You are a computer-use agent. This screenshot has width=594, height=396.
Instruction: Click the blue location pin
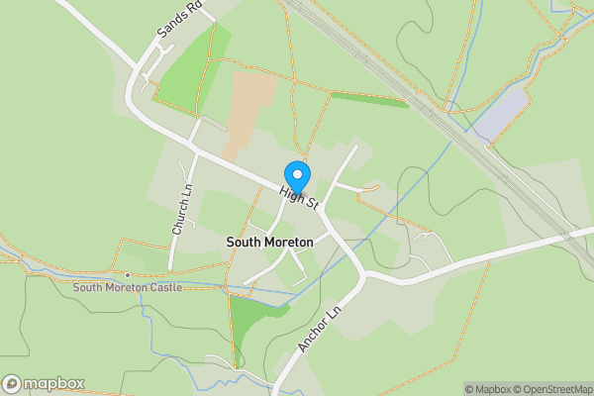[297, 174]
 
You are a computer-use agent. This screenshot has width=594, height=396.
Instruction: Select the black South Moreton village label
[269, 242]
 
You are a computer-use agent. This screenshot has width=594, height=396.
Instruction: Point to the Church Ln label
[180, 209]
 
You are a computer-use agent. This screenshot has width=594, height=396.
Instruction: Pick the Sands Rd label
[179, 20]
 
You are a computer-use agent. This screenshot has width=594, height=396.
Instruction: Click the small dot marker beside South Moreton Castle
[128, 274]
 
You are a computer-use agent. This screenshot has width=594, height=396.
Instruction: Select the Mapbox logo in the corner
[44, 383]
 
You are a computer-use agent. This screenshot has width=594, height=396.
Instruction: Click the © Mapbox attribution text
[489, 389]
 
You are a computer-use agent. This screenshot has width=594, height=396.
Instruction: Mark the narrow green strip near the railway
[367, 99]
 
